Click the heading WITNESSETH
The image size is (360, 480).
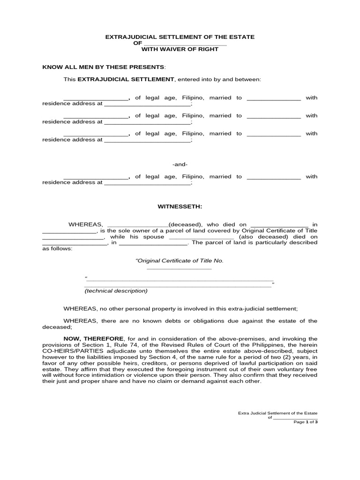click(x=180, y=206)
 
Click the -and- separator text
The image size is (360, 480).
click(x=180, y=165)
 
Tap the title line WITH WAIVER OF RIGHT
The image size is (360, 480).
click(x=180, y=49)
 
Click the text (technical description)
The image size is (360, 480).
click(x=116, y=291)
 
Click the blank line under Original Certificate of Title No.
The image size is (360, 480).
click(x=180, y=269)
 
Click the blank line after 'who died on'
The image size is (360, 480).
click(x=280, y=225)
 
